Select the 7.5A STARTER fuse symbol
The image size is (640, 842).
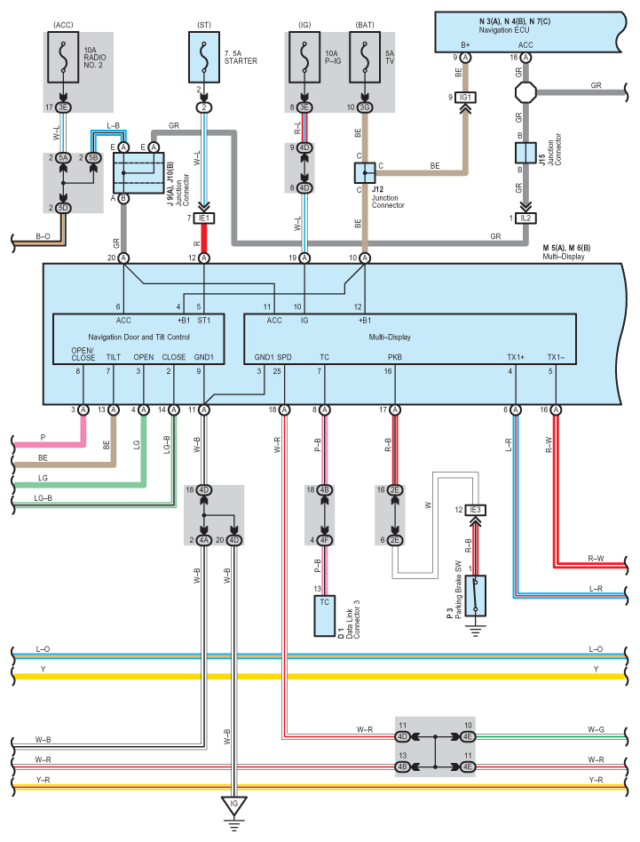pyautogui.click(x=204, y=60)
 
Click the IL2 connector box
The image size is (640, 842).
pyautogui.click(x=525, y=218)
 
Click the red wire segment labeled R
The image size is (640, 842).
pyautogui.click(x=204, y=239)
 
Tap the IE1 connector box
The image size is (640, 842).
pyautogui.click(x=204, y=218)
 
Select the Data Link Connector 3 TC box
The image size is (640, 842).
pyautogui.click(x=324, y=616)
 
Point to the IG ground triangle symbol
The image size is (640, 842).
pyautogui.click(x=234, y=806)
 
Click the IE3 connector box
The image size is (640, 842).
pyautogui.click(x=475, y=510)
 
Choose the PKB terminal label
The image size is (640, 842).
pyautogui.click(x=395, y=356)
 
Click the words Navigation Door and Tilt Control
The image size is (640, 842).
pyautogui.click(x=138, y=337)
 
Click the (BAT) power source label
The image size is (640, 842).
pyautogui.click(x=364, y=23)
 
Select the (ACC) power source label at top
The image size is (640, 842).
pyautogui.click(x=63, y=23)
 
